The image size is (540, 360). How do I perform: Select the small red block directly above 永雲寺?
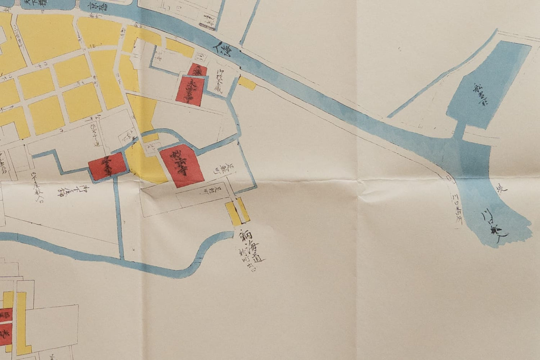(194, 70)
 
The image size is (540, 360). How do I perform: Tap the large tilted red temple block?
(182, 165)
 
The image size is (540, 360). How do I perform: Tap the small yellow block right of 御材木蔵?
(247, 83)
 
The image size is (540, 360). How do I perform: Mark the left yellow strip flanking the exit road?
(232, 213)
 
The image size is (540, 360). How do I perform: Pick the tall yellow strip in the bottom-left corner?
(22, 321)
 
